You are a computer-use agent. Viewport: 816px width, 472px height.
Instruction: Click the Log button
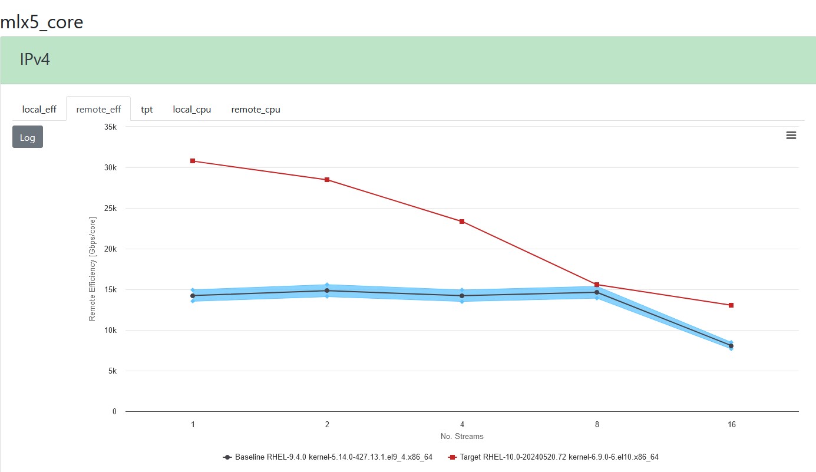point(28,137)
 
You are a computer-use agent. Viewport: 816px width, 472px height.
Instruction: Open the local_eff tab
point(39,109)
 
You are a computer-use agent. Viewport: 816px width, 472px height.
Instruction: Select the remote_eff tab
point(98,109)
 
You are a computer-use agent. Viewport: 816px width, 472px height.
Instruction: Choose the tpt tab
point(147,109)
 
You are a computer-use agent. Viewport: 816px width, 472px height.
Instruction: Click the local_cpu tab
point(191,109)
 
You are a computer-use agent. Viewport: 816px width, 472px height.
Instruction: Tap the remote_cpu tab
point(256,109)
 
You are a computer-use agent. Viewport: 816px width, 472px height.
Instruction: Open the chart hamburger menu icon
point(791,136)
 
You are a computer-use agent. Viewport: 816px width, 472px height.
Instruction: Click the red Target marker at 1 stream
point(193,161)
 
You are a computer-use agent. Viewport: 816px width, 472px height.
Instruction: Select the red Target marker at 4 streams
point(462,222)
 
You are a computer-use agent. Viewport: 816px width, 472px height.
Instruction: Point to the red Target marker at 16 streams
point(731,305)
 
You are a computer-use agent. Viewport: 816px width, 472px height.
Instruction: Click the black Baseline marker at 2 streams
point(327,291)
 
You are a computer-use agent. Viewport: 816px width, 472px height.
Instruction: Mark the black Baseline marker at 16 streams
point(731,346)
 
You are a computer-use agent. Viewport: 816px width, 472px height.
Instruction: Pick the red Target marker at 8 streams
point(597,285)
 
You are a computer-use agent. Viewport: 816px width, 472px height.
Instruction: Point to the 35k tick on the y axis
point(111,127)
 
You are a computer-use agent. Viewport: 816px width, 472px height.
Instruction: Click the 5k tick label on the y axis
point(112,371)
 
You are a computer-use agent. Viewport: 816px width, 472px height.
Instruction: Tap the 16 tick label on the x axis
point(731,424)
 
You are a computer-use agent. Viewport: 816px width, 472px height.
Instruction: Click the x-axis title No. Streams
point(462,437)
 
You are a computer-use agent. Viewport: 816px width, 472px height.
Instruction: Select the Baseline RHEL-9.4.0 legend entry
point(328,457)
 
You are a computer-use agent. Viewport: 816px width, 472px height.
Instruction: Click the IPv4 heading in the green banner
point(35,60)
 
